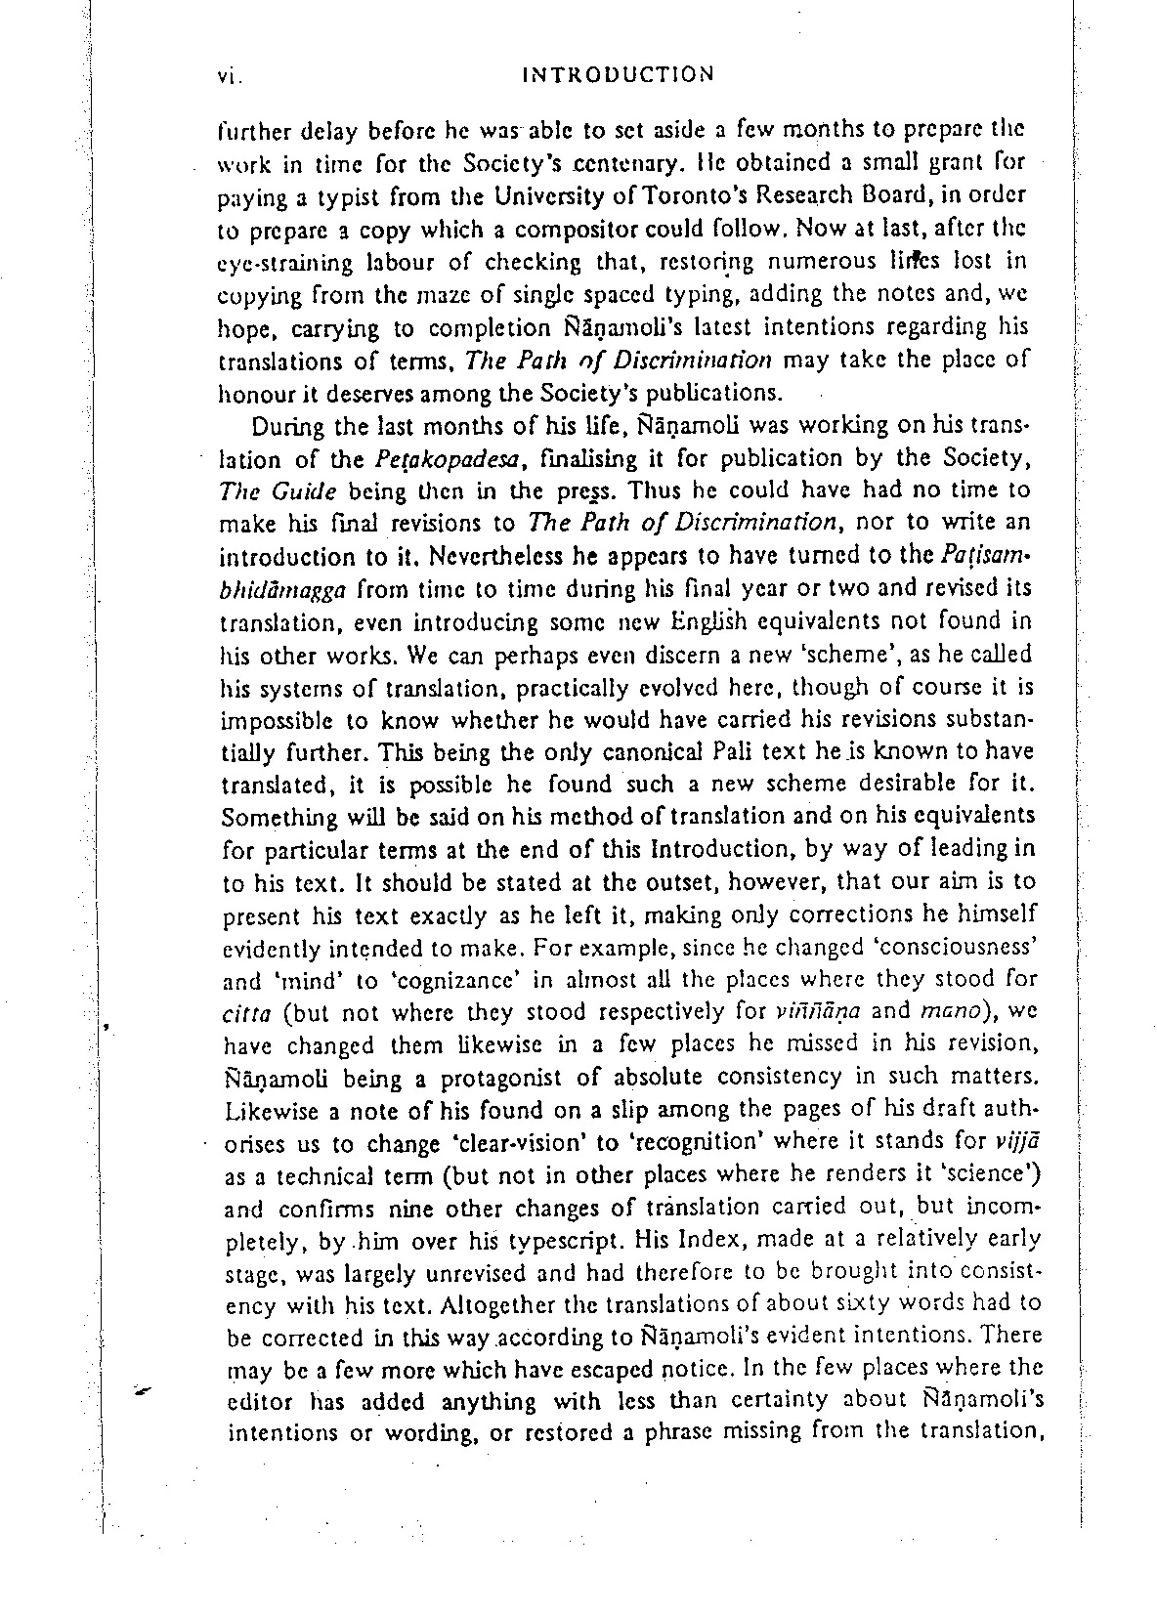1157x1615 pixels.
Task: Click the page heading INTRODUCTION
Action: (x=619, y=74)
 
